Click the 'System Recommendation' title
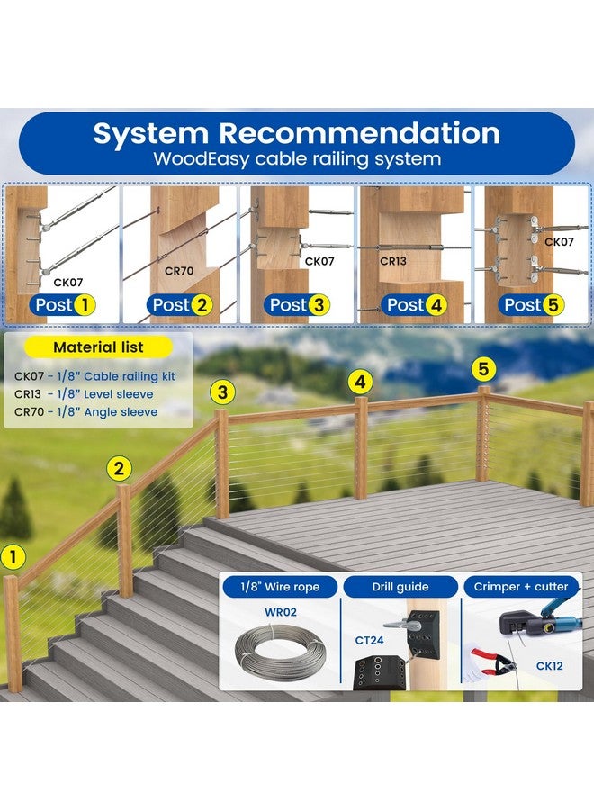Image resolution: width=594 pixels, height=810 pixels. coord(296,133)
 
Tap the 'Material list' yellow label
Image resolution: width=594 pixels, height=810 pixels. coord(98,347)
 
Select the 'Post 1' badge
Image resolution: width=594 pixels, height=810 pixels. coord(64,305)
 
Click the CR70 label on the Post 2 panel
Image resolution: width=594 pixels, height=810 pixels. coord(179,270)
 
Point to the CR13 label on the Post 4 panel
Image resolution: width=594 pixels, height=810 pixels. coord(393,261)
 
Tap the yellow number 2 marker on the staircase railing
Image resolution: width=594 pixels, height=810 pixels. coord(119,469)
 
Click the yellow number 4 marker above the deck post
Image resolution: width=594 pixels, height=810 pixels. coord(360,382)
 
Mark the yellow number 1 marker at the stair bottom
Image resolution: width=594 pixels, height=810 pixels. coord(13,557)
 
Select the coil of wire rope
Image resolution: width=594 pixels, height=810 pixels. coord(280,652)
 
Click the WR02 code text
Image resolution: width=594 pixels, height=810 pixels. coord(281,612)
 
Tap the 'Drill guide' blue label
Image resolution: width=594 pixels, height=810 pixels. coord(400,587)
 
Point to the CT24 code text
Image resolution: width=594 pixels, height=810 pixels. coord(369,640)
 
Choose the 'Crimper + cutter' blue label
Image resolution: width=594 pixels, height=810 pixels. coord(521,587)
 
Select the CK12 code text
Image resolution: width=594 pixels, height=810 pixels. coord(549,666)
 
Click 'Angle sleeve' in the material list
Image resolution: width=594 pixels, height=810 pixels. coord(121,411)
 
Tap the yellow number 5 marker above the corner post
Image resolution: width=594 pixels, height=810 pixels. coord(483,369)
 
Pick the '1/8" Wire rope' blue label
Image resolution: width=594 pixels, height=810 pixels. coord(280,587)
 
